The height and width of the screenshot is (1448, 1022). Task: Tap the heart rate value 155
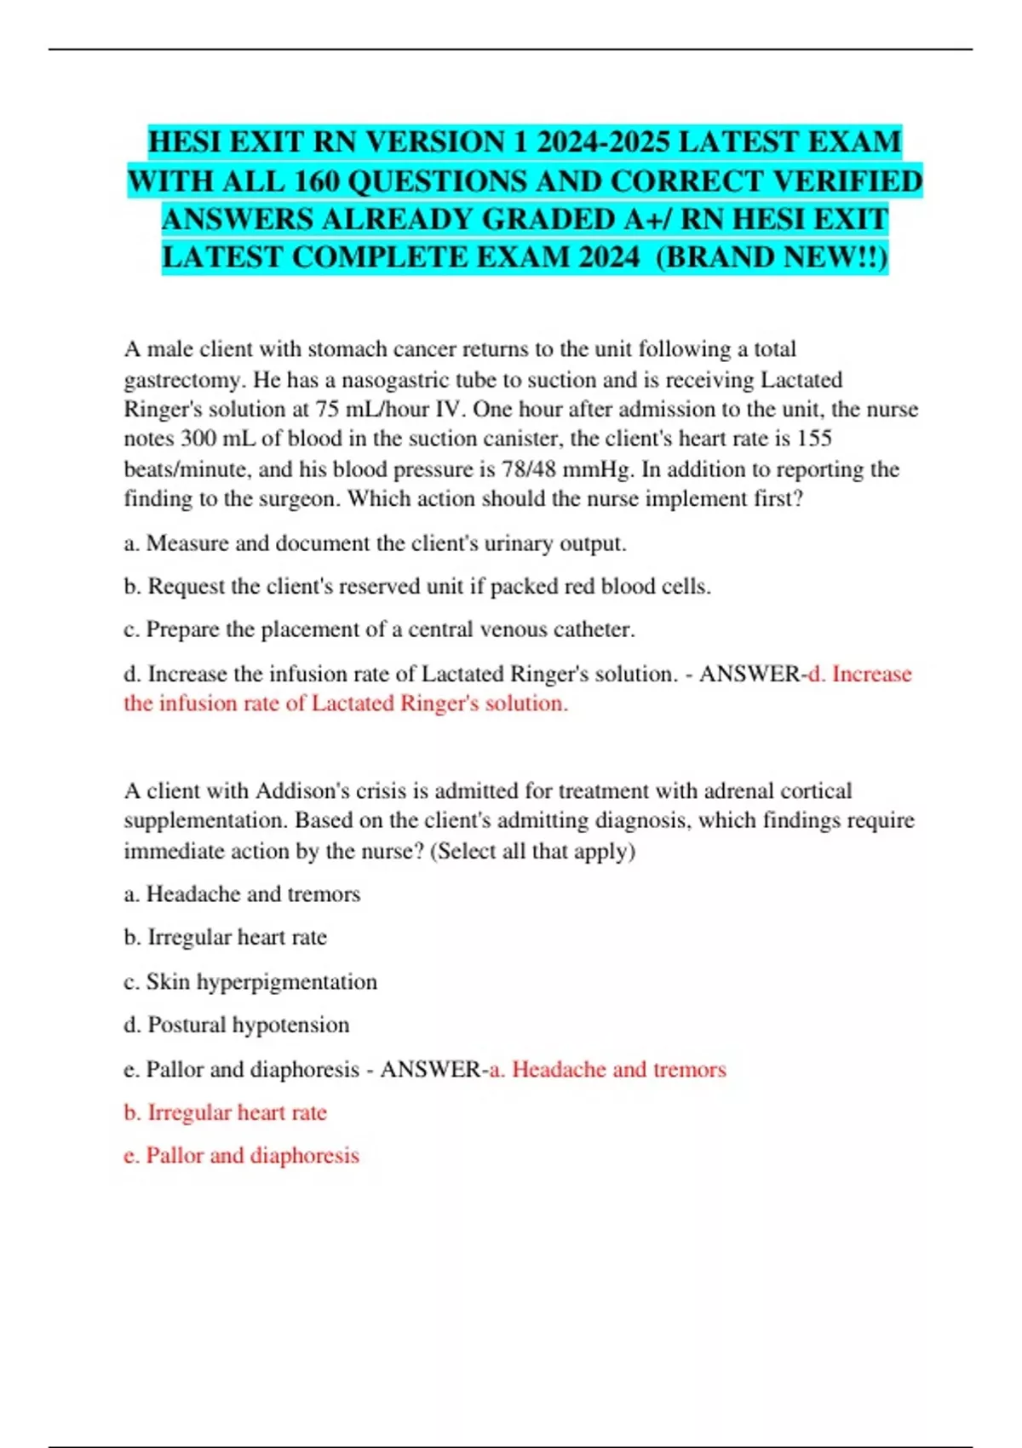click(813, 439)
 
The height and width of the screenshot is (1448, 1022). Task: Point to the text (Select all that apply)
click(533, 851)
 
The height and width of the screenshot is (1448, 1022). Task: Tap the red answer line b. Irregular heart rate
click(226, 1112)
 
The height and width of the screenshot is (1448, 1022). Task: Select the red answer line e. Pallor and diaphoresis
click(242, 1156)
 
